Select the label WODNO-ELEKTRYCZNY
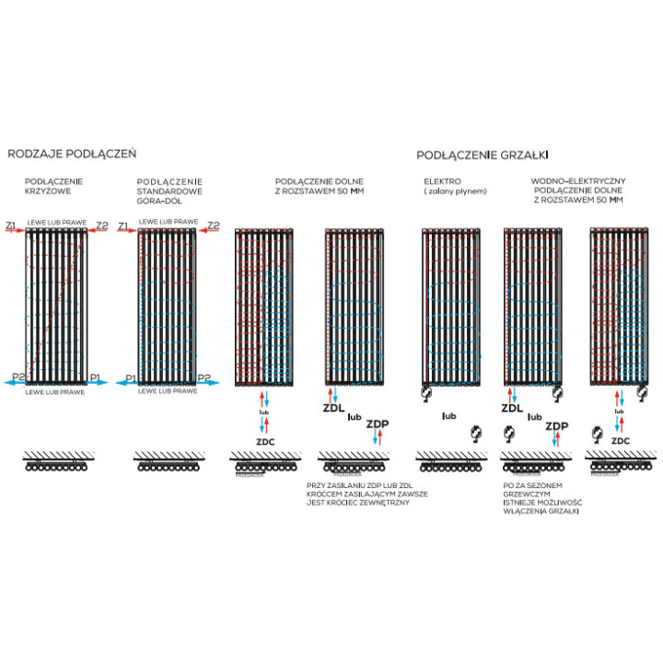coord(579,182)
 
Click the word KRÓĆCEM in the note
coord(326,493)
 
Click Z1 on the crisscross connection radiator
coord(11,226)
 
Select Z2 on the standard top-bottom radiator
coord(214,226)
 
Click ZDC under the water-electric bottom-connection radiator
coord(621,440)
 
